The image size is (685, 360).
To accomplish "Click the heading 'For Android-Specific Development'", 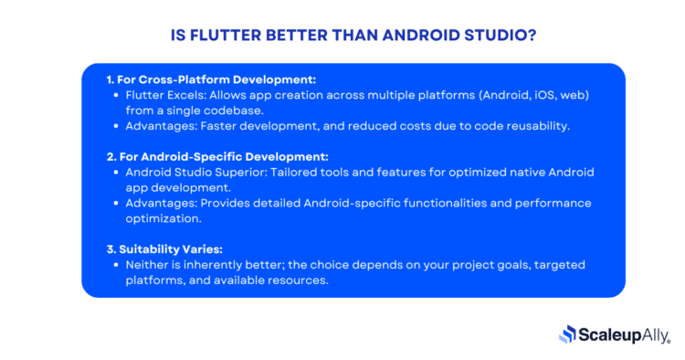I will tap(224, 157).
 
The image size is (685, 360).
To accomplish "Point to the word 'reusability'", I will tap(533, 125).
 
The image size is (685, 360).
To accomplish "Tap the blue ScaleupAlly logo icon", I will tap(567, 335).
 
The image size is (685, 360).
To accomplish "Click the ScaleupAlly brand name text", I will tap(625, 335).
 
